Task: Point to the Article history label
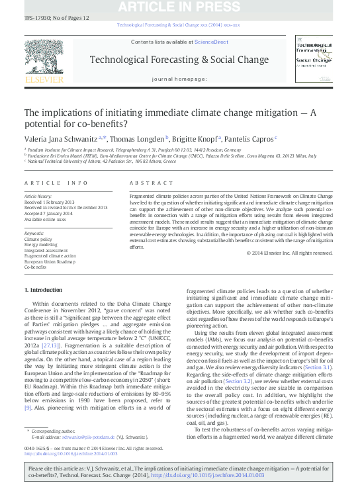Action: point(38,197)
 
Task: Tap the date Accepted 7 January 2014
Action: point(49,214)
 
